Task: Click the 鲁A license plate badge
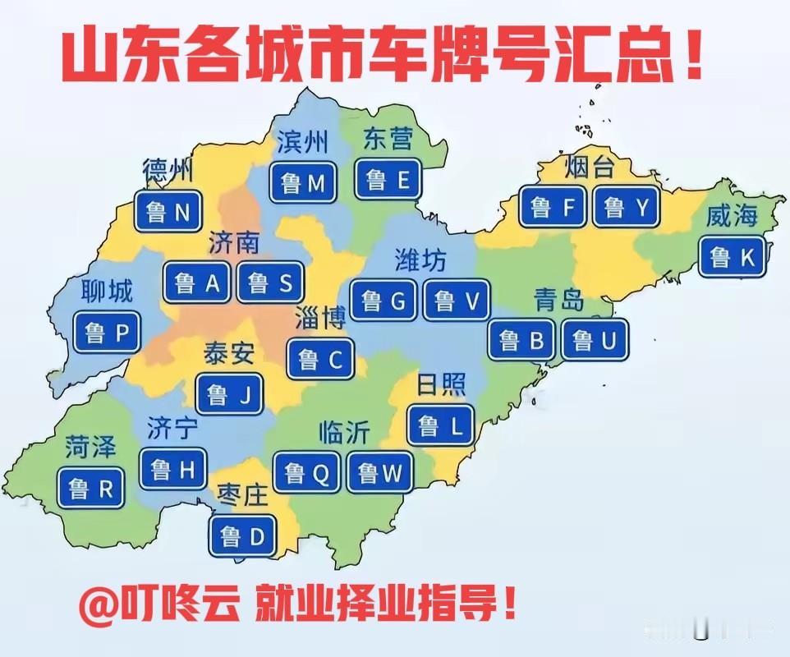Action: [x=198, y=283]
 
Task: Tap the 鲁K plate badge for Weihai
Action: [x=733, y=257]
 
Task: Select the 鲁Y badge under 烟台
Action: [x=626, y=208]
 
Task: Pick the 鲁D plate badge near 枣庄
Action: [x=243, y=537]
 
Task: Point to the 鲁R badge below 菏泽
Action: [x=91, y=489]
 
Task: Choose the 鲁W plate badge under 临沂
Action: [x=380, y=472]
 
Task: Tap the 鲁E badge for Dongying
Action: [x=388, y=180]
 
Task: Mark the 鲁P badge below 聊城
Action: [x=107, y=333]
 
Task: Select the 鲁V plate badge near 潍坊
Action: [x=456, y=301]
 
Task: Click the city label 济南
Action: [x=235, y=242]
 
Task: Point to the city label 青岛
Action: [x=558, y=300]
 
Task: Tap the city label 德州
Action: [x=168, y=171]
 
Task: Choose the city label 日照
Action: [x=442, y=384]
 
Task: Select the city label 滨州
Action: [x=301, y=142]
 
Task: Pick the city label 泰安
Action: [x=229, y=353]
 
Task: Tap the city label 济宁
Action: [x=172, y=428]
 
